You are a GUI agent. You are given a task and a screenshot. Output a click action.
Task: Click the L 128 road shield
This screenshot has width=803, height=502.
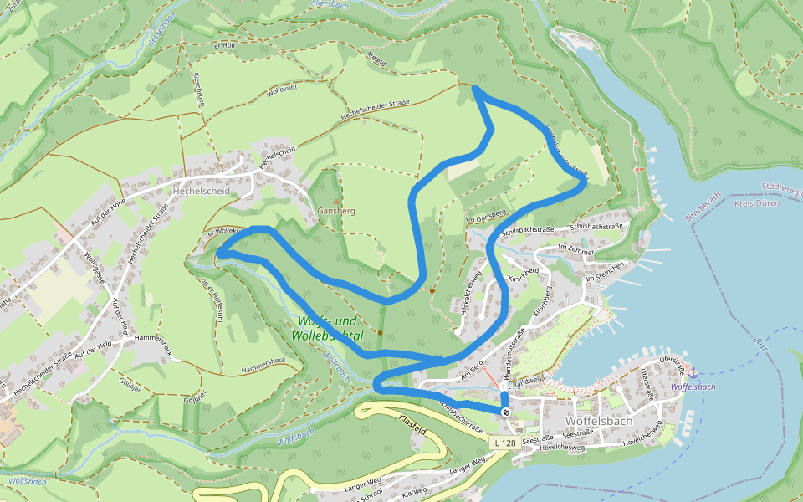[504, 443]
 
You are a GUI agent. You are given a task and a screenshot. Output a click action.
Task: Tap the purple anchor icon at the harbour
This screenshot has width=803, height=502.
[693, 371]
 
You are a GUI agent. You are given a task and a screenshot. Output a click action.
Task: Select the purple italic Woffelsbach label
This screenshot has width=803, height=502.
[693, 387]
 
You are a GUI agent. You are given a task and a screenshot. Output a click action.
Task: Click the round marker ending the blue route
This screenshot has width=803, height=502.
[506, 412]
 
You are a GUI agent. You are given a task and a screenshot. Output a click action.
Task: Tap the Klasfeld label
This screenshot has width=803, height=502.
[413, 423]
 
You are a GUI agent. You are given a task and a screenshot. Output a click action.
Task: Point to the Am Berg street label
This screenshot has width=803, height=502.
[471, 367]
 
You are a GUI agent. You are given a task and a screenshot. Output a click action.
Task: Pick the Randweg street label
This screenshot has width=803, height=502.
[527, 381]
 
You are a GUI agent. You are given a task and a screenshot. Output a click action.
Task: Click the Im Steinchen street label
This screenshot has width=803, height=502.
[606, 266]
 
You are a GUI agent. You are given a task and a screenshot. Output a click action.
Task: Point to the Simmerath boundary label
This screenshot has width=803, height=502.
[703, 205]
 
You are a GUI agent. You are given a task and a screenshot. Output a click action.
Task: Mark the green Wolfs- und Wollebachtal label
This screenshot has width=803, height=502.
[327, 328]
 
